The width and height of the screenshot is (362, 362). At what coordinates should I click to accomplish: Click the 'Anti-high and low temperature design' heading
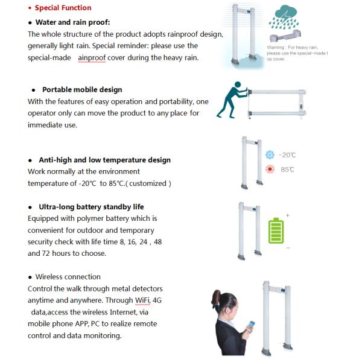tap(104, 160)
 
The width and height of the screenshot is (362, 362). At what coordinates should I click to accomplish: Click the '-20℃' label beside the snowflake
tap(288, 155)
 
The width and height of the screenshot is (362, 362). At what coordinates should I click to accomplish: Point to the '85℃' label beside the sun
tap(287, 170)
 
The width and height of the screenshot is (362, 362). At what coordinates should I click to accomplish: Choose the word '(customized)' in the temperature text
tap(150, 183)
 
